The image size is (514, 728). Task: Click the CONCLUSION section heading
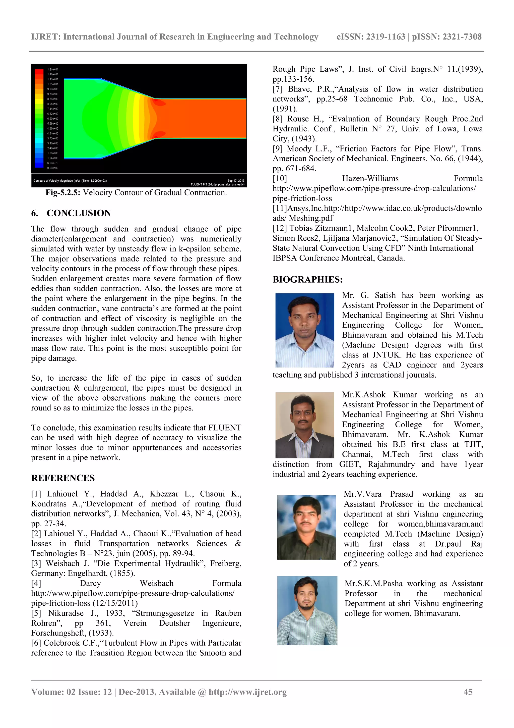point(79,213)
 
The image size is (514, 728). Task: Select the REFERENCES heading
point(63,478)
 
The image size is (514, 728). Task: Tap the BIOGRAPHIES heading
point(307,279)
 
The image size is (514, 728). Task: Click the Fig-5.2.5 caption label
point(63,192)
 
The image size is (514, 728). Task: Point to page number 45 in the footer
point(468,692)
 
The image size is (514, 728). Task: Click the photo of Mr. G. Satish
point(305,330)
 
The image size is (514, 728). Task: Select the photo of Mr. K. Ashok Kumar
point(305,425)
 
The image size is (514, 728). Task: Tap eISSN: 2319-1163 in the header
point(371,37)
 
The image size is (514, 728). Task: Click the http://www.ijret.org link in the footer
point(247,692)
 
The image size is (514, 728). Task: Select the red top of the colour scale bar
point(39,71)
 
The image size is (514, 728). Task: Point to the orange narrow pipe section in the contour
point(203,118)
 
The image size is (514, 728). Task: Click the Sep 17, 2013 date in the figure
point(236,181)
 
